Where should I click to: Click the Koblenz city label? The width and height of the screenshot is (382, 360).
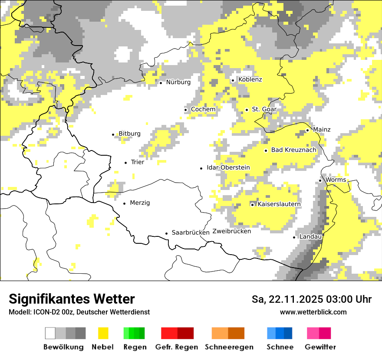point(250,80)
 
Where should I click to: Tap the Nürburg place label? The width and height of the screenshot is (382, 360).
point(178,82)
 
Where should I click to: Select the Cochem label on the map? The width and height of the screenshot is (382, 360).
point(203,109)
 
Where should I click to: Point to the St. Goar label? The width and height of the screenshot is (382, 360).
point(264,109)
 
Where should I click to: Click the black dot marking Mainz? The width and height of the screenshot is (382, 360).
point(308,130)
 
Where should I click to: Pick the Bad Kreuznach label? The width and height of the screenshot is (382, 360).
point(293,150)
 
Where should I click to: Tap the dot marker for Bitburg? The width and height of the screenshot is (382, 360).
point(113,134)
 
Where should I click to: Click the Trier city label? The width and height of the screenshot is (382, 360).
point(137,162)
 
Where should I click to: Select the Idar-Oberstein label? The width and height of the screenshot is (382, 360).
point(228,168)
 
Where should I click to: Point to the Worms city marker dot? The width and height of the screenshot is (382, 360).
point(320,180)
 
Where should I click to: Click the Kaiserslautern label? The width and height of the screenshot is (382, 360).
point(279,204)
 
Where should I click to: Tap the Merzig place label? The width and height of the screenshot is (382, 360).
point(140,203)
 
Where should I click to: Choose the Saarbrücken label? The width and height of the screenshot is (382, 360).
point(191,232)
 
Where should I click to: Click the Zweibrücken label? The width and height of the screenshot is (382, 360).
point(232,231)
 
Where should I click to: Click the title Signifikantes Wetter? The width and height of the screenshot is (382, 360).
point(72,299)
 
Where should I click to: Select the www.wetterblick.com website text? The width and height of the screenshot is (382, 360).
point(313,312)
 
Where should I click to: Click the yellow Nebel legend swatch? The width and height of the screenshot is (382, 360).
point(103,333)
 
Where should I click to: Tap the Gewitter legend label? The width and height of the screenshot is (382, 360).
point(320,347)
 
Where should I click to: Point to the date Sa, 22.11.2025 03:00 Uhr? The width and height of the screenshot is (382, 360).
point(311,299)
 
